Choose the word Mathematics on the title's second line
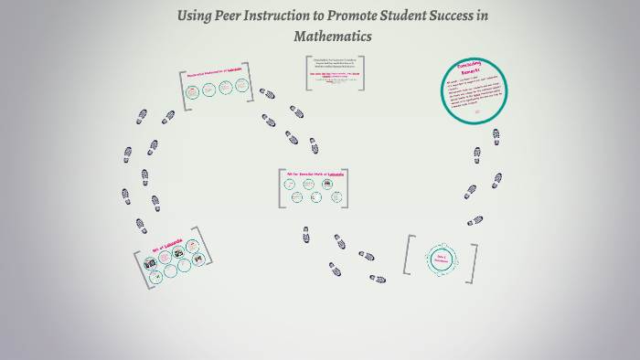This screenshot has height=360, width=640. point(333,37)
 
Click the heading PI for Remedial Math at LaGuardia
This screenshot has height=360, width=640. point(315,173)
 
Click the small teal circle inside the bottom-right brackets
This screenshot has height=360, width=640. point(440,259)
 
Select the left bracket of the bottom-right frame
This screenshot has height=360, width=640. point(409,259)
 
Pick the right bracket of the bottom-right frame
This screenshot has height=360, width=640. point(472,259)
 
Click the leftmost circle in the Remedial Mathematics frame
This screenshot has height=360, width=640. point(193,90)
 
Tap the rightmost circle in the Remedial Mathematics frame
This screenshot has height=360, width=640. point(242,86)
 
